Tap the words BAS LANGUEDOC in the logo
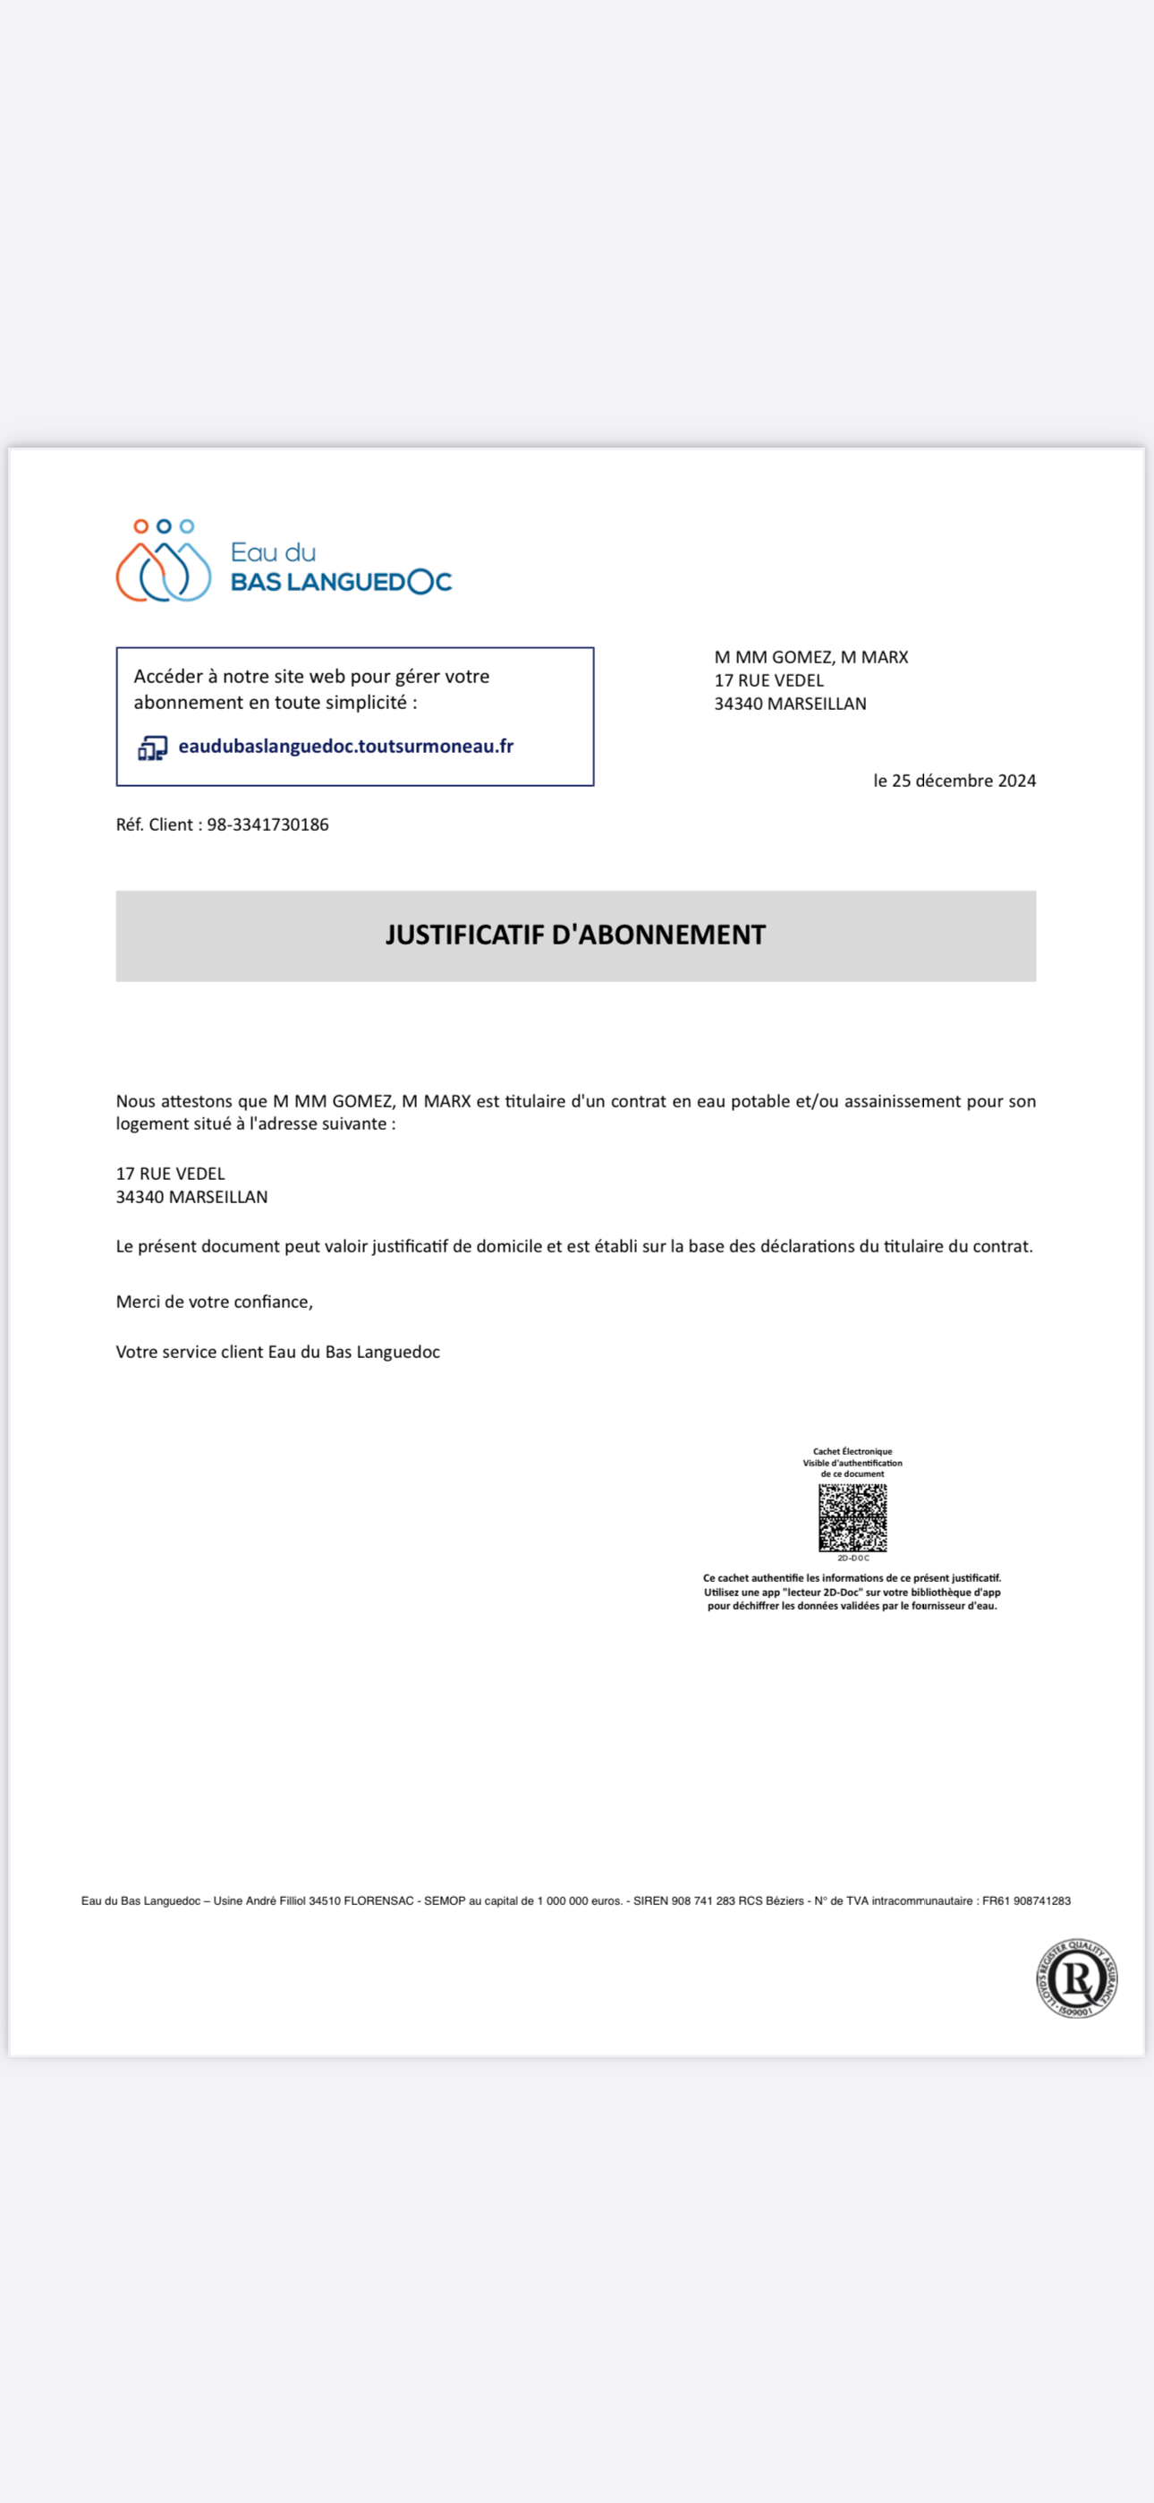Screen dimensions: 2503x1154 (x=341, y=582)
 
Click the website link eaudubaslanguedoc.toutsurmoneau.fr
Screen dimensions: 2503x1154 (x=346, y=747)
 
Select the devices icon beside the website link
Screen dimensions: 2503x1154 (x=152, y=748)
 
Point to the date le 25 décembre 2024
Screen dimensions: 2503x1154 (x=954, y=782)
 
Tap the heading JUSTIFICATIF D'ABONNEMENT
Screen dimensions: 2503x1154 (x=575, y=935)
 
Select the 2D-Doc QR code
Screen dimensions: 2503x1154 (x=852, y=1517)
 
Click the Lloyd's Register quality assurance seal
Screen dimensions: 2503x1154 (x=1076, y=1978)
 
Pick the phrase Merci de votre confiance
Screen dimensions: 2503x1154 (x=214, y=1302)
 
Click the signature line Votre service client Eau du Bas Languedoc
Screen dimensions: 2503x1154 (x=278, y=1353)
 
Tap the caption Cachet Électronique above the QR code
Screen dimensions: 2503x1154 (x=852, y=1452)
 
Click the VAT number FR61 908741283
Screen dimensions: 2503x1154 (x=1026, y=1901)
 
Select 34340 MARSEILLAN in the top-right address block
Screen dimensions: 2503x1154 (x=790, y=705)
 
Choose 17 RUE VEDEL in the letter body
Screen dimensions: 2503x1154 (x=170, y=1174)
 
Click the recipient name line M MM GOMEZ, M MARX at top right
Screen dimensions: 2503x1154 (x=811, y=658)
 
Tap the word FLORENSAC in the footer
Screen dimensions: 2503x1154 (x=378, y=1901)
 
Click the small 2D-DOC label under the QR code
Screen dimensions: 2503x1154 (x=853, y=1559)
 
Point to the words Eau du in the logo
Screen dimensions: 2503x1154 (x=273, y=553)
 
